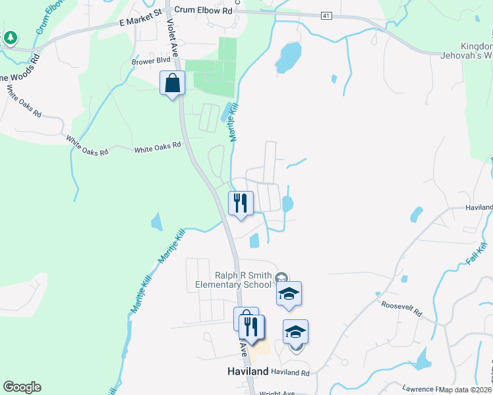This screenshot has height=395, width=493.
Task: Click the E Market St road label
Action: pyautogui.click(x=140, y=22)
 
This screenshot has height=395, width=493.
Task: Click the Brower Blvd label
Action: pyautogui.click(x=151, y=61)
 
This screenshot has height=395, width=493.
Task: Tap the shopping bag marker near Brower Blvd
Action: pyautogui.click(x=172, y=84)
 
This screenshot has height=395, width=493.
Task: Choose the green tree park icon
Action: pyautogui.click(x=10, y=38)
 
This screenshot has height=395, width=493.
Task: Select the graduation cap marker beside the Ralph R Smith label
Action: pyautogui.click(x=289, y=294)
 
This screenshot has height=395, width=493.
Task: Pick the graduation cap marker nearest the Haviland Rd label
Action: pyautogui.click(x=296, y=332)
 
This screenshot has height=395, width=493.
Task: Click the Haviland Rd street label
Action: pyautogui.click(x=291, y=373)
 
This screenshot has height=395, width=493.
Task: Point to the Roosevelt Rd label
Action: pyautogui.click(x=401, y=308)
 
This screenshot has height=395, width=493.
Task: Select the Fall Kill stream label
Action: pyautogui.click(x=476, y=253)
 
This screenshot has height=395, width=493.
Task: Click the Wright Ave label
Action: pyautogui.click(x=277, y=392)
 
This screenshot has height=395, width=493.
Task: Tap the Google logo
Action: pyautogui.click(x=22, y=387)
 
